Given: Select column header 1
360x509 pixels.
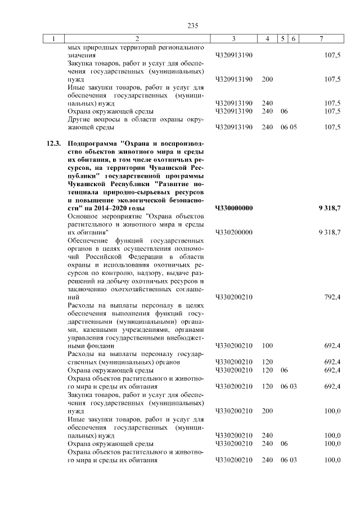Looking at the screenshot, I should [54, 38].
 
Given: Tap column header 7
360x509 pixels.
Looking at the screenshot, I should [321, 38].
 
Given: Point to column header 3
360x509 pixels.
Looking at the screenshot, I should [233, 38].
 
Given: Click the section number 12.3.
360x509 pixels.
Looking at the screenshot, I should [53, 145].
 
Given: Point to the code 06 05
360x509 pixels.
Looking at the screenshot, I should [289, 127].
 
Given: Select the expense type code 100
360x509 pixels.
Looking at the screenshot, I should [267, 346].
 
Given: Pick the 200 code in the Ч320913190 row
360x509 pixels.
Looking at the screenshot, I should [267, 79].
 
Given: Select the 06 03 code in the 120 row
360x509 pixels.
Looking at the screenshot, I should [289, 387].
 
